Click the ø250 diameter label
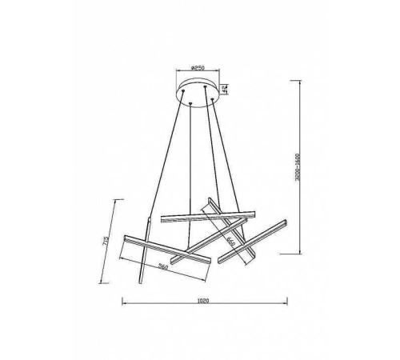tap(200, 69)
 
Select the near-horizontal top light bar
tap(206, 214)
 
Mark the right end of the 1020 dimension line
tap(289, 302)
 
